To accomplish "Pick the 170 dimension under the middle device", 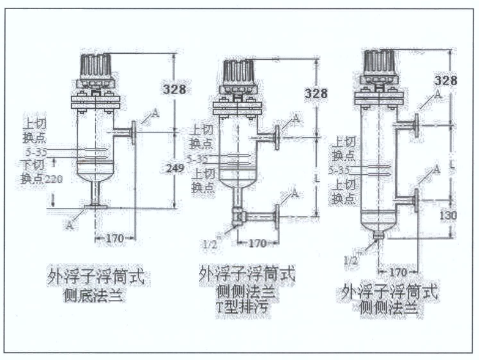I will [x=258, y=243].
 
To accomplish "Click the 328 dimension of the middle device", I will [x=316, y=93].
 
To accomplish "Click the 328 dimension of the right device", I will [x=446, y=80].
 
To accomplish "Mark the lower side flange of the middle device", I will [x=276, y=216].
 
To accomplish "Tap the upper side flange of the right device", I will [x=415, y=124].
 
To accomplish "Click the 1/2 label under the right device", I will [x=351, y=260].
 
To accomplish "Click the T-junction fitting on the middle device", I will [x=238, y=216].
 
